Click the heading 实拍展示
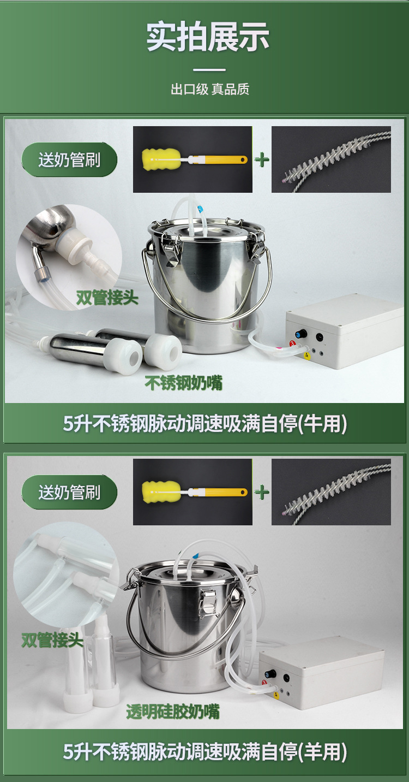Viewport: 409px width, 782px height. pyautogui.click(x=207, y=37)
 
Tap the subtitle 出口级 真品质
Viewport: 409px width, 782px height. pyautogui.click(x=210, y=90)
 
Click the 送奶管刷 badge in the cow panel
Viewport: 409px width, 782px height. pyautogui.click(x=69, y=160)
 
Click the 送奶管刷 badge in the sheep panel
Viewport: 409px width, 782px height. pyautogui.click(x=69, y=492)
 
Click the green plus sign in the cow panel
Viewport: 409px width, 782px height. pyautogui.click(x=262, y=160)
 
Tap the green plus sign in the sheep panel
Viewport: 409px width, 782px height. pyautogui.click(x=262, y=492)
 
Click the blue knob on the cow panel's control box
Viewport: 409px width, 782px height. pyautogui.click(x=300, y=334)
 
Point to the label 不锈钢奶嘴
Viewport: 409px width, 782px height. pyautogui.click(x=184, y=383)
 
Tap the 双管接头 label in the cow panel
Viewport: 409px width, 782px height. pyautogui.click(x=107, y=298)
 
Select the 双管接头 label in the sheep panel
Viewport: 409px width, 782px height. pyautogui.click(x=52, y=640)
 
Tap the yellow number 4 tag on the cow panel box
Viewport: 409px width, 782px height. pyautogui.click(x=306, y=356)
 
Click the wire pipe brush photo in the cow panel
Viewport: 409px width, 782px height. pyautogui.click(x=331, y=159)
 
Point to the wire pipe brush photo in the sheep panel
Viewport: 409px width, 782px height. pyautogui.click(x=331, y=492)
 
